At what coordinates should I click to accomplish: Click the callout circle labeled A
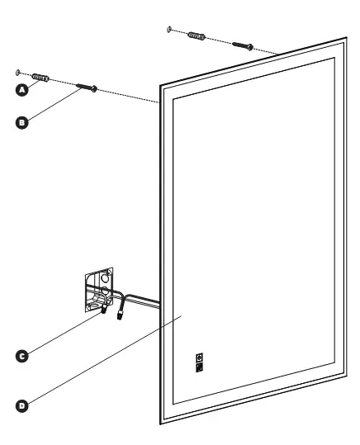(21, 90)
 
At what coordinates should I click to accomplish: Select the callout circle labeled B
(21, 122)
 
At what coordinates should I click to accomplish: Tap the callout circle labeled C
(21, 356)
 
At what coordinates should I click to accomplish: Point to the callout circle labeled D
(21, 405)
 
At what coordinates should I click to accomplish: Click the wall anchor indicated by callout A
(40, 78)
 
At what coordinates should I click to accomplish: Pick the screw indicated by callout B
(87, 88)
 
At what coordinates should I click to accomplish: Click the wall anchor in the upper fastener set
(197, 36)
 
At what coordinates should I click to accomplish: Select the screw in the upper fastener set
(243, 45)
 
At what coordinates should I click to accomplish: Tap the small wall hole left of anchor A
(18, 73)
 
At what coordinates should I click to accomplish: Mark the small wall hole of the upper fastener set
(169, 29)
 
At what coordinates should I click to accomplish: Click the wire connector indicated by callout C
(104, 309)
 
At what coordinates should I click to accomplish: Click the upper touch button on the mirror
(199, 357)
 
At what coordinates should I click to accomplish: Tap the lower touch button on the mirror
(199, 367)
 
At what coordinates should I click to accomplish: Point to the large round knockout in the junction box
(105, 278)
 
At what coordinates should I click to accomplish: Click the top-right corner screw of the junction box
(110, 272)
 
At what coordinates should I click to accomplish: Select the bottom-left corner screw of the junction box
(88, 308)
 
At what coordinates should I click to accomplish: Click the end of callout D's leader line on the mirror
(182, 315)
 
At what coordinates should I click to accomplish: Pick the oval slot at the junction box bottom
(96, 305)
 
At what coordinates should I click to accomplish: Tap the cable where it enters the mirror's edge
(159, 303)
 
